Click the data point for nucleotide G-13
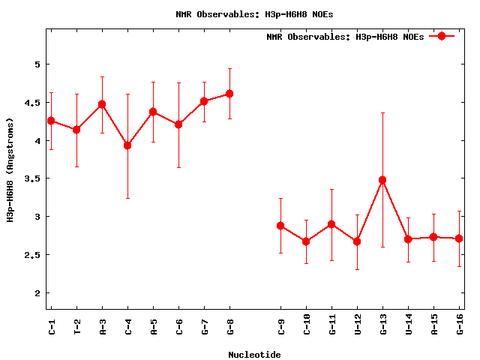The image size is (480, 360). [382, 180]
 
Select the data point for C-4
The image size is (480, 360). [127, 145]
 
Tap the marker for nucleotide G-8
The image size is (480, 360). [229, 94]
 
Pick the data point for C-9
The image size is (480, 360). [280, 226]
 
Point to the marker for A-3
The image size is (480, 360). [102, 104]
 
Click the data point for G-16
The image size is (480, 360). [459, 238]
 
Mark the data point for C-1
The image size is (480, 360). [51, 121]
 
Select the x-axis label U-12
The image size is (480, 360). [357, 328]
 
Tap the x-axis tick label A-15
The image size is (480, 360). [433, 328]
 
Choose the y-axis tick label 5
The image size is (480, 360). [36, 64]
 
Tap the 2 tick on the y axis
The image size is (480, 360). [36, 293]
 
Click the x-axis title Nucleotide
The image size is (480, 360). [254, 355]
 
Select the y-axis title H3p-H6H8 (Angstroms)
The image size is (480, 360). [10, 169]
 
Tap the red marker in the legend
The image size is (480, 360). [442, 36]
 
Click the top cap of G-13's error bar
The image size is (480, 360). [382, 112]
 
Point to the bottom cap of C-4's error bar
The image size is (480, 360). [127, 198]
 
